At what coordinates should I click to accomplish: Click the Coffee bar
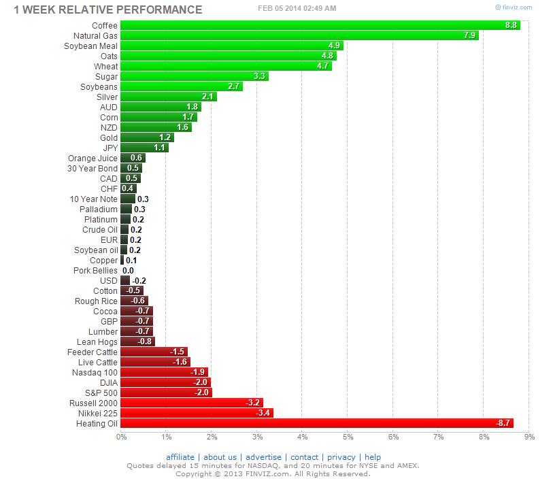(320, 26)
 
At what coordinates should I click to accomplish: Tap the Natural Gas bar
(299, 36)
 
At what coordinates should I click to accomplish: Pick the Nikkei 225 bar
(197, 413)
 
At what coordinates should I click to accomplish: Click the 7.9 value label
(469, 36)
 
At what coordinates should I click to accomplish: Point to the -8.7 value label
(504, 423)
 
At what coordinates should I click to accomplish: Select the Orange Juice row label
(93, 159)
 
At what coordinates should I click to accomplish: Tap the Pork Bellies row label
(95, 271)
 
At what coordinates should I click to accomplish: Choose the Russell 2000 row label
(93, 403)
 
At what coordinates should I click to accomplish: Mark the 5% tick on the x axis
(348, 437)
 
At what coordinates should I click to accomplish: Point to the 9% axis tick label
(530, 437)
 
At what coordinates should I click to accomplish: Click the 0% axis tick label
(121, 437)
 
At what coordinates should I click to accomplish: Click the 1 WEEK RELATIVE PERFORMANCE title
(108, 10)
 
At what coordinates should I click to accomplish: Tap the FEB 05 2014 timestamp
(297, 8)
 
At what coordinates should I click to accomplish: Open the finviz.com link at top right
(516, 7)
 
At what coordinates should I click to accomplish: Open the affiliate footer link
(180, 457)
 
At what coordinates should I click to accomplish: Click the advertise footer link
(263, 457)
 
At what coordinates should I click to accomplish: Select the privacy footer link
(341, 457)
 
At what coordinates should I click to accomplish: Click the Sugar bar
(194, 77)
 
